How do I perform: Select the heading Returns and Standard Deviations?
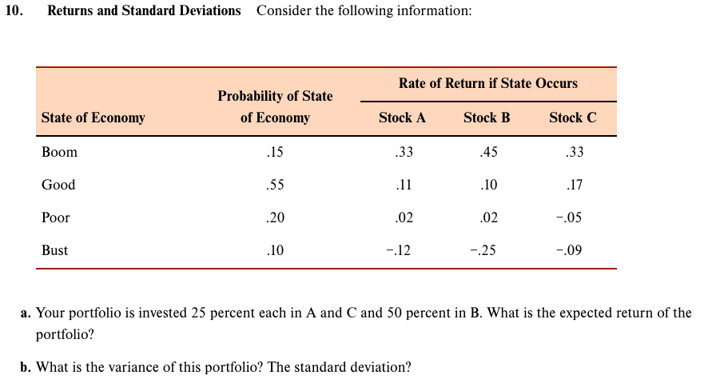point(144,11)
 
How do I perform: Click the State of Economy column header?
point(93,118)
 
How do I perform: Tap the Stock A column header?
point(402,118)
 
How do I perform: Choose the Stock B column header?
point(487,118)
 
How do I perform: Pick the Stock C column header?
point(572,118)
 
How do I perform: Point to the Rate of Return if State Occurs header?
point(487,83)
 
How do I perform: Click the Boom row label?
point(59,152)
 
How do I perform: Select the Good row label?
point(58,185)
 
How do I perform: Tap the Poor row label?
point(56,217)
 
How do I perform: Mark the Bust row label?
point(54,250)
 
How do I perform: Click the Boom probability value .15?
point(275,152)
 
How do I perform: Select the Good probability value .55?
point(275,185)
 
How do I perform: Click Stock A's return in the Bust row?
point(399,250)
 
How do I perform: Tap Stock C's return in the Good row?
point(573,185)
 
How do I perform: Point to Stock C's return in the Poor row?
point(569,217)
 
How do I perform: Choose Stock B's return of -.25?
point(483,250)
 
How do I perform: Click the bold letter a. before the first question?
point(26,313)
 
